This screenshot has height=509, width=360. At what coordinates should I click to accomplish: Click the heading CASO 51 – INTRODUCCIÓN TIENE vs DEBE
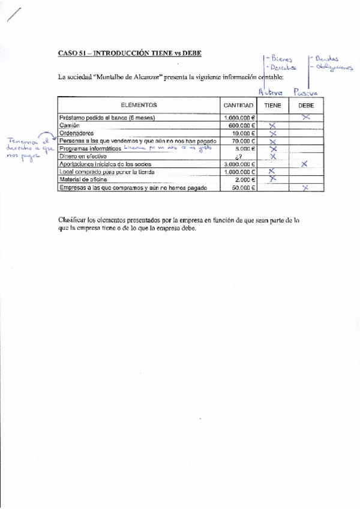point(130,53)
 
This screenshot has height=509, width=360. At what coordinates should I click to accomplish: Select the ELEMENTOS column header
point(139,105)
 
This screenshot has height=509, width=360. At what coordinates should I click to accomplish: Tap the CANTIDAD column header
point(238,105)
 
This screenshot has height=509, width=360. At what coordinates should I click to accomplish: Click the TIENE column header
point(272,105)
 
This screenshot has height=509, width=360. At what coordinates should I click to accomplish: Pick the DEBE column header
point(306,105)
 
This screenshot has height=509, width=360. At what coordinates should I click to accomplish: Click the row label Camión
point(69,125)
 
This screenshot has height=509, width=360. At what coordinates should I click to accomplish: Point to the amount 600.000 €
point(240,125)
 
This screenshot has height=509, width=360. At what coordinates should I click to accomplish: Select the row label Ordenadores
point(76,133)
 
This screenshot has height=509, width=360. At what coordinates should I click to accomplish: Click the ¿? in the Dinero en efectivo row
point(238,157)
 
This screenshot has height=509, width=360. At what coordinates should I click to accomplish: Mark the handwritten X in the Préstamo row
point(306,117)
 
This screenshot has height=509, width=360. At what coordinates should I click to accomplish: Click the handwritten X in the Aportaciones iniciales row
point(305,163)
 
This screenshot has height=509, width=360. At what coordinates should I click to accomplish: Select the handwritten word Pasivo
point(305,92)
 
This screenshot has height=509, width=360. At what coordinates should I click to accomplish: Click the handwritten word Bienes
point(281,59)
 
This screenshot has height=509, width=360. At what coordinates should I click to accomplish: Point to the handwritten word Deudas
point(327,59)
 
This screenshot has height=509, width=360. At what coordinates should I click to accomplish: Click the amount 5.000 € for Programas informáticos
point(245,149)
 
